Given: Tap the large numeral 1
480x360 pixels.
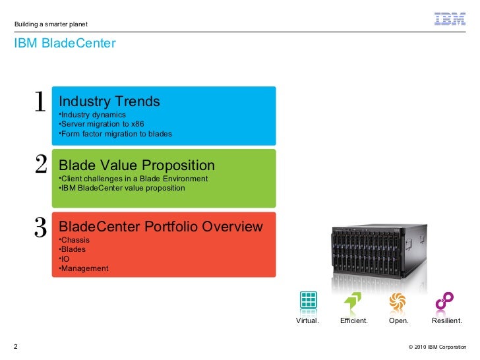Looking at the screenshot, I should [x=40, y=102].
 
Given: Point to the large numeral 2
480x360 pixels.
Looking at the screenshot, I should [x=41, y=165].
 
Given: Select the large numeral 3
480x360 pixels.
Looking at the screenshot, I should [x=40, y=227].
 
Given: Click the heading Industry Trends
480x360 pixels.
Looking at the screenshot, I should [x=109, y=102].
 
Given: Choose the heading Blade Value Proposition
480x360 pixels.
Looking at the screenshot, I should [x=136, y=165].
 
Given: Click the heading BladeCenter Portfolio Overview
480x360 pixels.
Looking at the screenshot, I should [x=160, y=227].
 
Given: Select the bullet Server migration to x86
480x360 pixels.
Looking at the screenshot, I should [x=102, y=124].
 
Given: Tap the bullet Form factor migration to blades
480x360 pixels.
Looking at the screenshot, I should [x=116, y=134].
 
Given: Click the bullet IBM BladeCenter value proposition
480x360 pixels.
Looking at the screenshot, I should [x=123, y=188].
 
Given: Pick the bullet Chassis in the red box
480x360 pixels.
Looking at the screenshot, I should [x=75, y=240].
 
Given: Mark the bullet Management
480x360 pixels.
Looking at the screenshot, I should [x=84, y=268].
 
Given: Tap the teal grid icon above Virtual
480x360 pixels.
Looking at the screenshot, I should [x=308, y=301].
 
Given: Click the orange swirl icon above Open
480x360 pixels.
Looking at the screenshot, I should [x=398, y=301].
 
